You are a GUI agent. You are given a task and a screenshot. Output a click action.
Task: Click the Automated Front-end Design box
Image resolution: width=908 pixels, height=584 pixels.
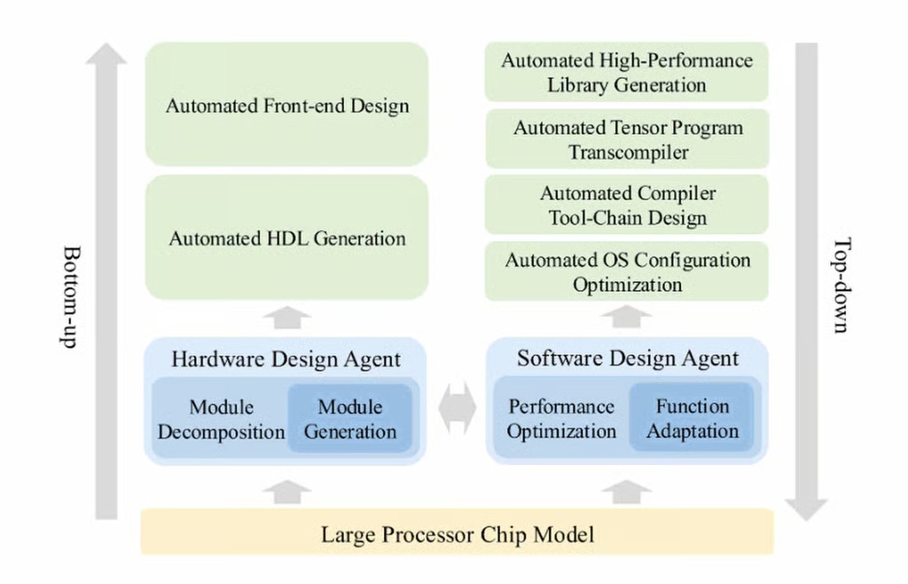coord(286,105)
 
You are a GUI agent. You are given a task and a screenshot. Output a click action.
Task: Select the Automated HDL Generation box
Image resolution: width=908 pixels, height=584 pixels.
coord(286,238)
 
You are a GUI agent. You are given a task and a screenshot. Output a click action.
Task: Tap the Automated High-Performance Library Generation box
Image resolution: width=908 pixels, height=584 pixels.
coord(626,73)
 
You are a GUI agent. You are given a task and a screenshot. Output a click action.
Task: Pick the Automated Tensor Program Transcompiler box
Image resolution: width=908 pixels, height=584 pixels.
coord(626,139)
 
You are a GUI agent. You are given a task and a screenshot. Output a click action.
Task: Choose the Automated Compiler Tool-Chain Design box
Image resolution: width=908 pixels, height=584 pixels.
coord(626,205)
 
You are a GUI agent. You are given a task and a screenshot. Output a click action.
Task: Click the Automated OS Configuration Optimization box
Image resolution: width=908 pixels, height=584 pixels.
coord(626,272)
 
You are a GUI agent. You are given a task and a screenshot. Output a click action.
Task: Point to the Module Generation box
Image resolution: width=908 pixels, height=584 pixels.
coord(350,419)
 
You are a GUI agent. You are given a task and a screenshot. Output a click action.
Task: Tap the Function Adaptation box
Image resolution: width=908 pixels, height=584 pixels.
coord(692,418)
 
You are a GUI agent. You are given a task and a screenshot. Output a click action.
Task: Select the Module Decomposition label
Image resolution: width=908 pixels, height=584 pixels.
coord(221,419)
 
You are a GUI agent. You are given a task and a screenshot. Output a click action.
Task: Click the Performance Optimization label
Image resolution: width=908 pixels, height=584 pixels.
coord(561,418)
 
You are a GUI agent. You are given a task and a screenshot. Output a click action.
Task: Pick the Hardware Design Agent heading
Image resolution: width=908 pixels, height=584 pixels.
coord(286,359)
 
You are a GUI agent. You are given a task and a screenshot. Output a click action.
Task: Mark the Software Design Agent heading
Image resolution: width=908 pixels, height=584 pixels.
coord(627,359)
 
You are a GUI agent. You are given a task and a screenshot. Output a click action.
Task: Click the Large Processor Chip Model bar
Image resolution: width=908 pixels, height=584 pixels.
coord(457,534)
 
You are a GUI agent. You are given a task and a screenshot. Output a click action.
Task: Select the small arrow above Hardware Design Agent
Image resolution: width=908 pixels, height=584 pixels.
coord(286,317)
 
